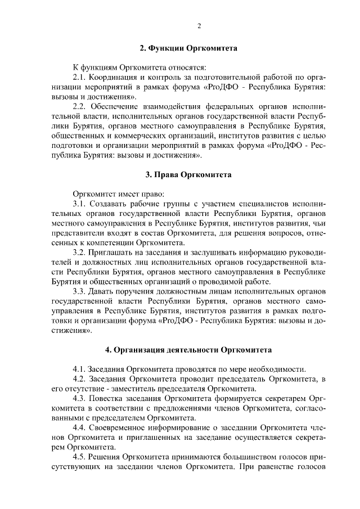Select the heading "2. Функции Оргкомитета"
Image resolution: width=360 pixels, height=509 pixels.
tap(188, 48)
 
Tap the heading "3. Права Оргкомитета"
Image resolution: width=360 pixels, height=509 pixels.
tap(188, 175)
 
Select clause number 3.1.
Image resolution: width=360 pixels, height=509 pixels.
tap(80, 204)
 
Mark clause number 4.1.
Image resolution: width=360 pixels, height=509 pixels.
tap(80, 369)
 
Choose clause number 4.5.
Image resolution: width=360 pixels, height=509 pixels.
tap(80, 457)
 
